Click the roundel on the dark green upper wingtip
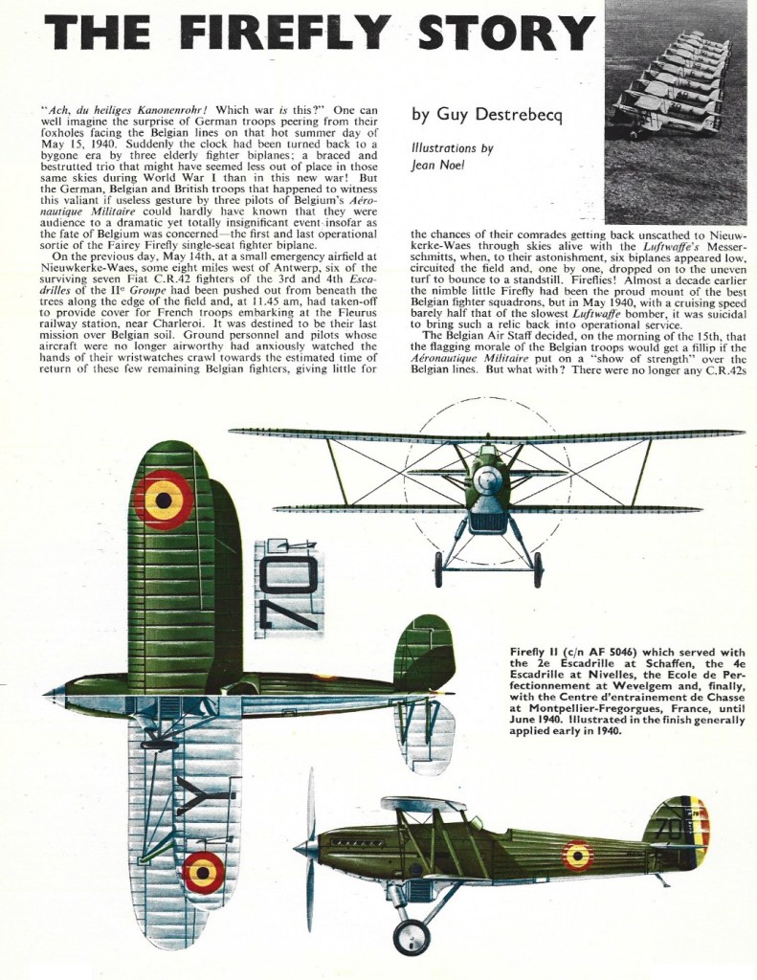pos(164,500)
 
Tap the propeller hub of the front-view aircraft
pos(487,479)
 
